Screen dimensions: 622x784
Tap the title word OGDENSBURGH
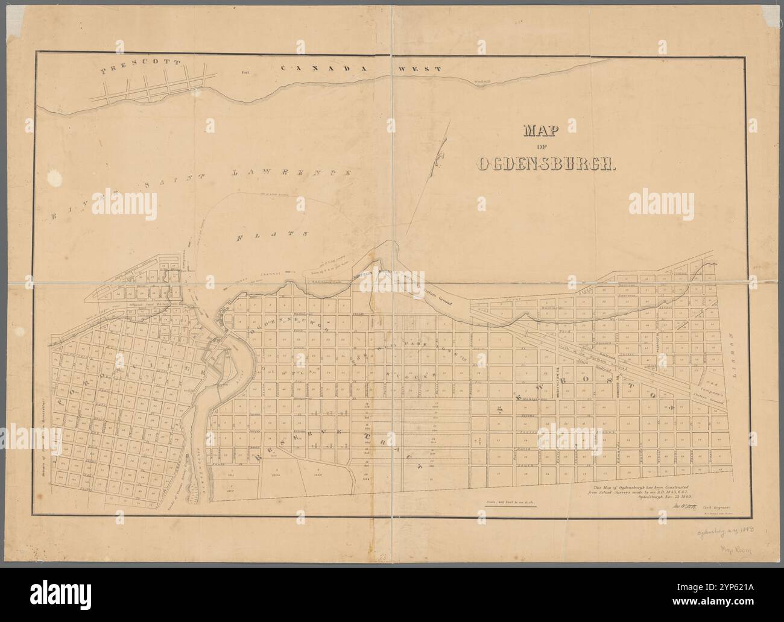click(546, 164)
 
